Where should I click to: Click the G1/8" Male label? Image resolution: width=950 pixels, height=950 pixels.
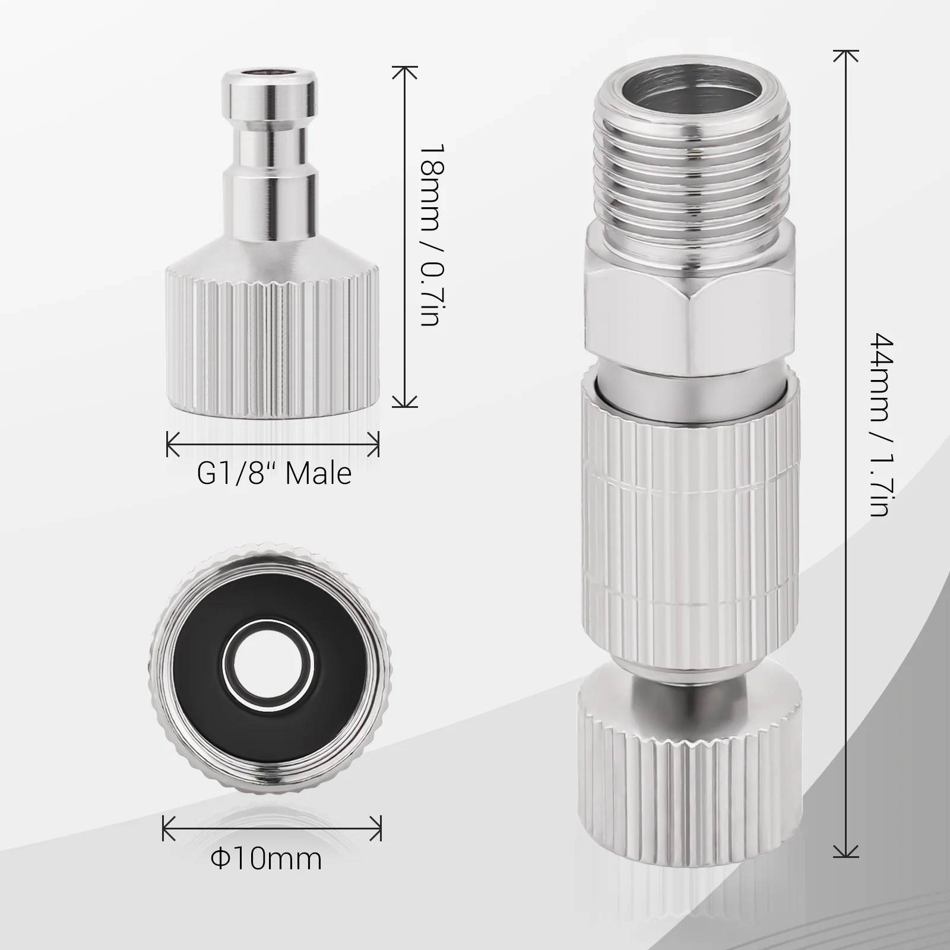click(274, 474)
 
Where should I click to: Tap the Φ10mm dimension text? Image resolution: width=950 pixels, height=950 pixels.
click(267, 859)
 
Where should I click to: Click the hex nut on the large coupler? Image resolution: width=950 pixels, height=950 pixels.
click(690, 321)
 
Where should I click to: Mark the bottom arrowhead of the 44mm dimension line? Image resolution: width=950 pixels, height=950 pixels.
click(846, 854)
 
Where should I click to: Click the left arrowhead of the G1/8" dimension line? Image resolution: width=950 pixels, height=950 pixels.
click(170, 444)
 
